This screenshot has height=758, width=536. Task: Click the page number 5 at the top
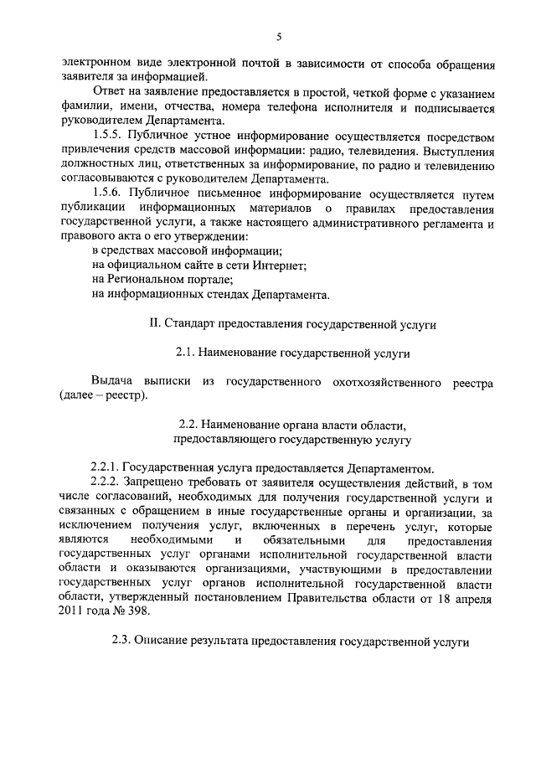click(x=279, y=35)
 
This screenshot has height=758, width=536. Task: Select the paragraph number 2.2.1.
click(x=104, y=467)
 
